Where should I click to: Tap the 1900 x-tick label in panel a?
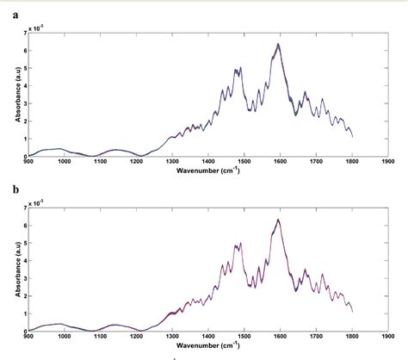coord(388,161)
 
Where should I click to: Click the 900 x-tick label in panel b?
coord(28,337)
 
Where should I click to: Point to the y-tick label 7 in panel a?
coord(22,31)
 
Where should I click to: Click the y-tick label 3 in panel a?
coord(22,102)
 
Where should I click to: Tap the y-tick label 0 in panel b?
coord(22,332)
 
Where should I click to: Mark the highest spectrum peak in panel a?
coord(278,44)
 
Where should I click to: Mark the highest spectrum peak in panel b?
coord(278,220)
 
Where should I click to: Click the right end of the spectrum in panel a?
coord(352,136)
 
